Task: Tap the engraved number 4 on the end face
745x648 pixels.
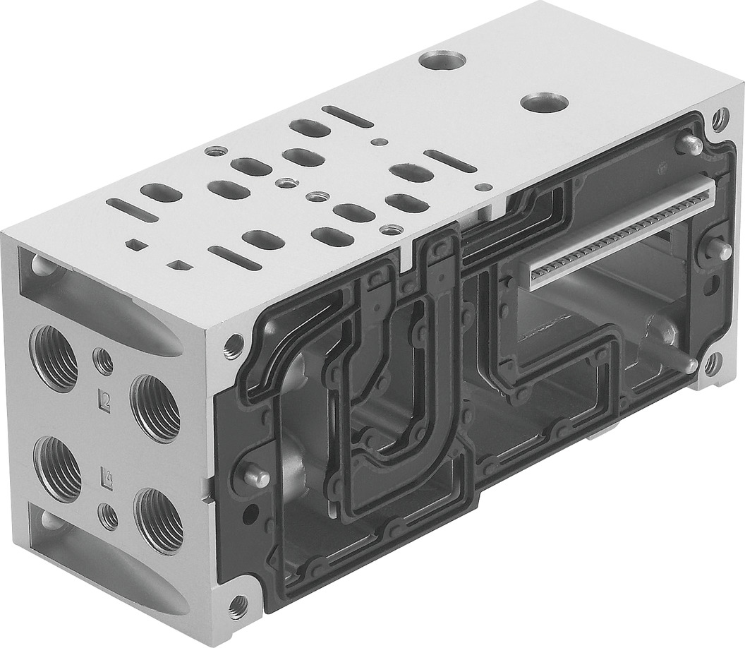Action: coord(107,474)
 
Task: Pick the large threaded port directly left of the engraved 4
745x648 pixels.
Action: coord(57,468)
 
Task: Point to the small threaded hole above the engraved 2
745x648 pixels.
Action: coord(103,362)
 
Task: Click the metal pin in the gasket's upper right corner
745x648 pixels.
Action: coord(689,145)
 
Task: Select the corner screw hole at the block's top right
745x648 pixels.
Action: coord(719,119)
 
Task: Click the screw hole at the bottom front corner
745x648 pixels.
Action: coord(237,606)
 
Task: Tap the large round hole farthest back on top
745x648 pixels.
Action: coord(442,60)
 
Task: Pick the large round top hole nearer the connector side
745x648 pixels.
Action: coord(544,102)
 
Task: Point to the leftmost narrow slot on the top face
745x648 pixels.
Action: coord(132,210)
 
